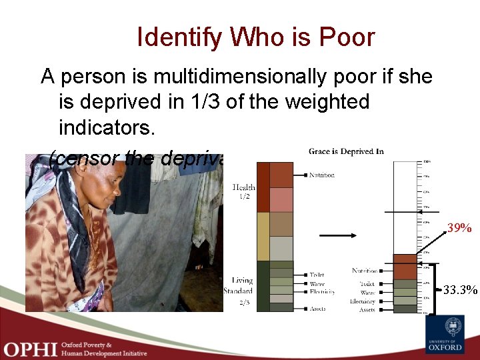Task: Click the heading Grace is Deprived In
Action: coord(346,151)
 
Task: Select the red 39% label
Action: coord(459,229)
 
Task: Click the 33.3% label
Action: coord(461,290)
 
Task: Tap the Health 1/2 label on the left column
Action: coord(243,192)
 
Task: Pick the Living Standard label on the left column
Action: coord(242,285)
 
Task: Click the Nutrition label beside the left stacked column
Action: coord(321,175)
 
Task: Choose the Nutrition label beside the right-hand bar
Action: coord(364,271)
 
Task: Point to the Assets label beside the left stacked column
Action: coord(317,309)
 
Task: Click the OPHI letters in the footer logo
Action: coord(30,348)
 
